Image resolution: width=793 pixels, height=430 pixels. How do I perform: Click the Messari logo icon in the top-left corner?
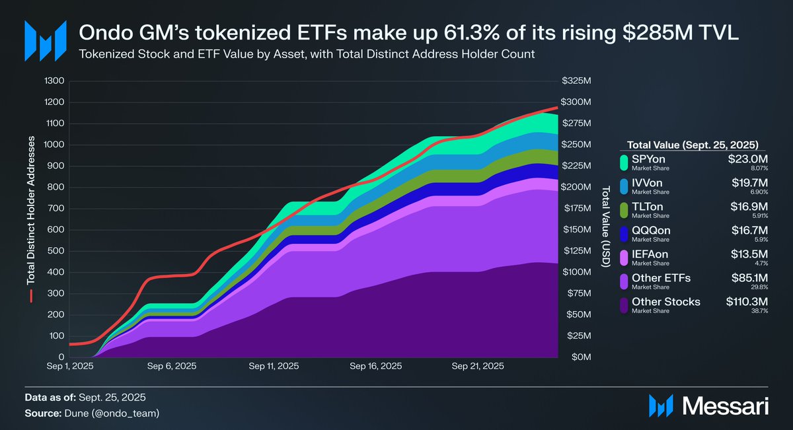pos(45,41)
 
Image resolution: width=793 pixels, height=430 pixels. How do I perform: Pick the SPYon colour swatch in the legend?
pos(624,162)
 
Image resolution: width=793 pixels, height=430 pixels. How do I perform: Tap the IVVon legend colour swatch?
pos(624,186)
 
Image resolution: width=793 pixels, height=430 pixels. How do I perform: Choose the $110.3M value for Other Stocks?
pos(746,302)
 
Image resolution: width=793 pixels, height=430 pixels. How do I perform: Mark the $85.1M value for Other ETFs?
pos(749,278)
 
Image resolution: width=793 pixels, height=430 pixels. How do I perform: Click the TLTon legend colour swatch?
pos(624,209)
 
